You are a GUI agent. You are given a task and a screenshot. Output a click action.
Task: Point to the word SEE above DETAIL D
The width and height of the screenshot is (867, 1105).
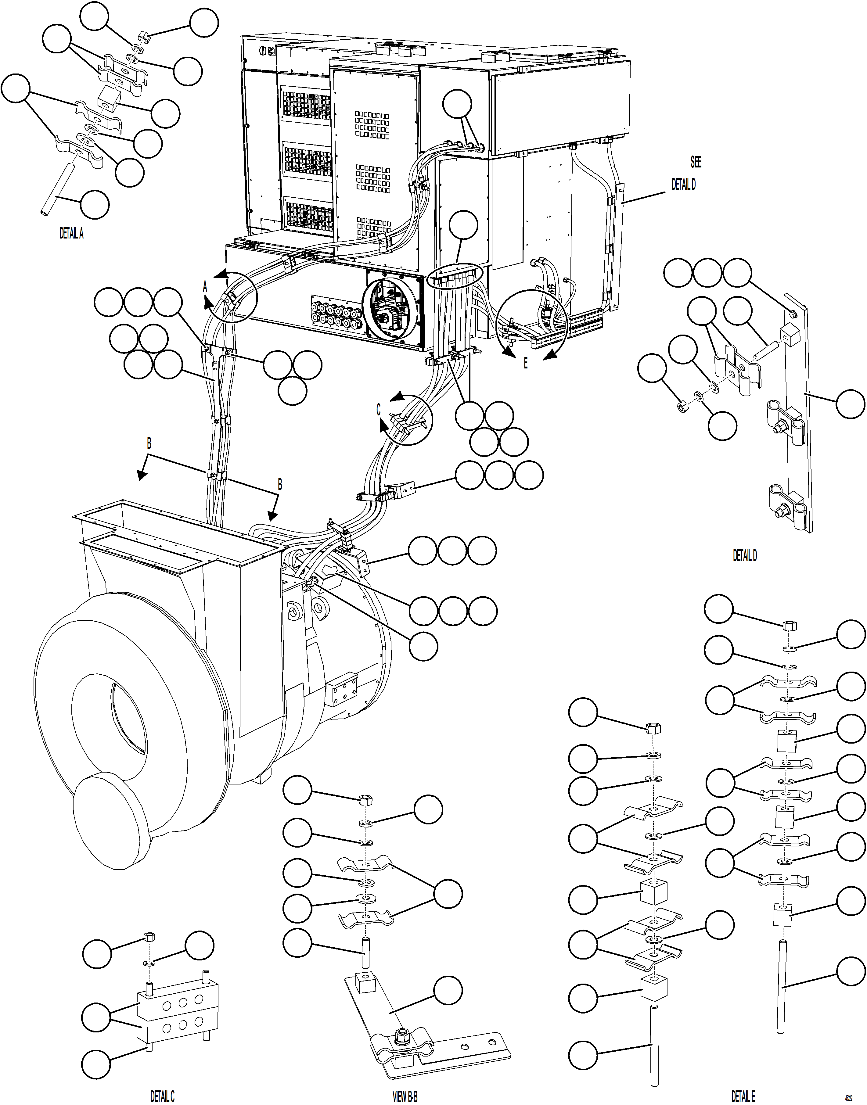pos(696,162)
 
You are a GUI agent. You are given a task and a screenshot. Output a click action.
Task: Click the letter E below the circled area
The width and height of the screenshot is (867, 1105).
pos(525,363)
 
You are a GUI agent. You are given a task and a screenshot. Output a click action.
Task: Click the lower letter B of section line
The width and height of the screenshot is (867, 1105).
pos(279,485)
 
